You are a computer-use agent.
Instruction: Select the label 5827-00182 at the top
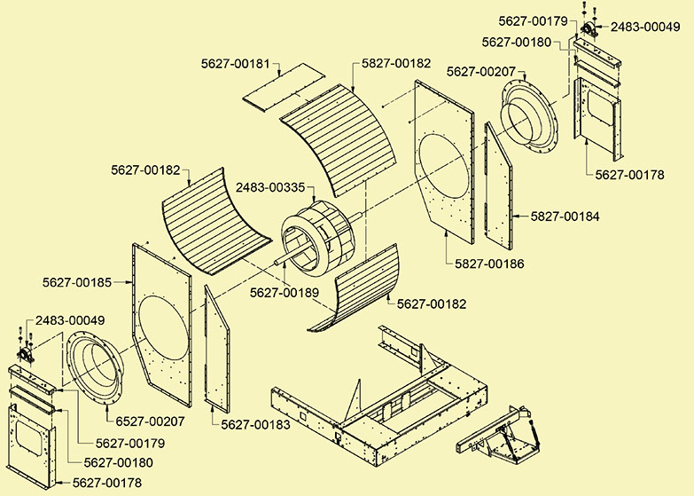tap(396, 64)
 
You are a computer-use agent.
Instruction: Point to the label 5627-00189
tap(285, 292)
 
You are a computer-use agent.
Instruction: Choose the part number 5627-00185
tap(77, 283)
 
